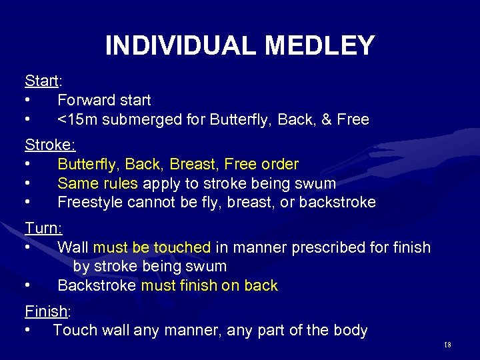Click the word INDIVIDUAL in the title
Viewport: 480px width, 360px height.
[x=181, y=45]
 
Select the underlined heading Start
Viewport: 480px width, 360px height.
[x=41, y=81]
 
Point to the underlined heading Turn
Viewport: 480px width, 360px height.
[x=42, y=228]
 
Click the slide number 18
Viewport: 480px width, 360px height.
[x=447, y=344]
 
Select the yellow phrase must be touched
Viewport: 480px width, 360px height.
[x=152, y=247]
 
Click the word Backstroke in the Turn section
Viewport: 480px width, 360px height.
[x=97, y=286]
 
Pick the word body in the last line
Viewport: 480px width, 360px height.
[x=349, y=330]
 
